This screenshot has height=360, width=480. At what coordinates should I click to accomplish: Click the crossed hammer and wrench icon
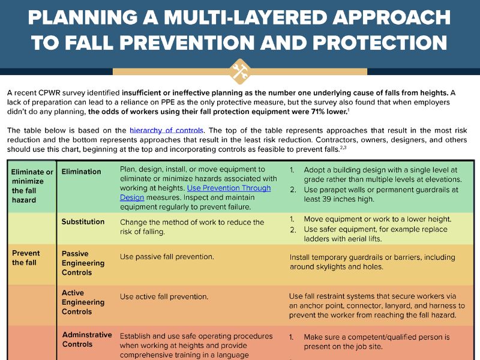(240, 72)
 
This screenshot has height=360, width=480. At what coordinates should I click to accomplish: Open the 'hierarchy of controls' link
(166, 130)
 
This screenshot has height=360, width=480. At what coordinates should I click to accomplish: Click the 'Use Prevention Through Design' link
(196, 193)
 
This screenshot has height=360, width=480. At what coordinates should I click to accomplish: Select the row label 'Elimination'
(81, 172)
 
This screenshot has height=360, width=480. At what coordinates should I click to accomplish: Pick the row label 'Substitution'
(83, 221)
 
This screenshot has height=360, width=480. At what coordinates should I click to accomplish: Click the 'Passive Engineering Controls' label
(83, 263)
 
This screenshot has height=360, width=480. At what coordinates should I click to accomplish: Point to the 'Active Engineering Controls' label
(83, 302)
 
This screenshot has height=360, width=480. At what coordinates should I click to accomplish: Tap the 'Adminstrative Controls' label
(87, 340)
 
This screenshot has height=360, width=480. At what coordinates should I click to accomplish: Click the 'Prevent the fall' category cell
(26, 258)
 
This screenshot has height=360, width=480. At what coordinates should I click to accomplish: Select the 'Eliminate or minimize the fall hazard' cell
(32, 186)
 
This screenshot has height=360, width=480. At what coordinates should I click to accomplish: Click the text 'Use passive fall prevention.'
(167, 257)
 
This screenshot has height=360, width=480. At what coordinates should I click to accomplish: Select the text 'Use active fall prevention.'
(164, 296)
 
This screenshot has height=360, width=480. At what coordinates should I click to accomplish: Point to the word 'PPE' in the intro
(167, 102)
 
